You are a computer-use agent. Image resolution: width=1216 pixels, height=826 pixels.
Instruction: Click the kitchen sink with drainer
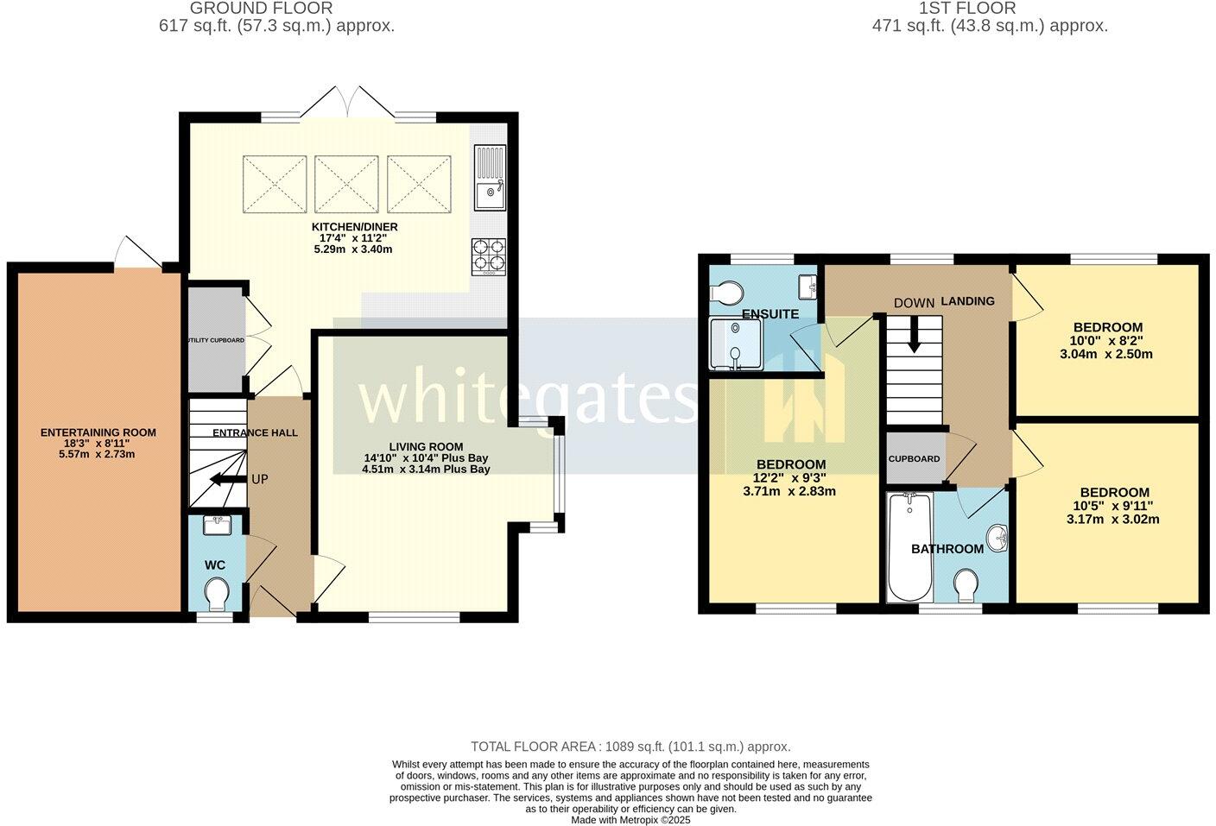point(490,177)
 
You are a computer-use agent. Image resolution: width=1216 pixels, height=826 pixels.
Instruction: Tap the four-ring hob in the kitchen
point(488,256)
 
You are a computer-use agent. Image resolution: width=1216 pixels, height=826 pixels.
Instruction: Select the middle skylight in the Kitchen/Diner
point(347,182)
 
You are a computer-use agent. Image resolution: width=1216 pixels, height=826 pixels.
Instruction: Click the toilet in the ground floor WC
point(216,593)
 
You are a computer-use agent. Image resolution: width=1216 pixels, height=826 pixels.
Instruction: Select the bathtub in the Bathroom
point(908,547)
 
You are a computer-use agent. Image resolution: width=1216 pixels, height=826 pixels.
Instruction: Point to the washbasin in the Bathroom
point(999,539)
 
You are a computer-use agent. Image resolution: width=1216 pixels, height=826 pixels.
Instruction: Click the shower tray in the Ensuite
point(735,344)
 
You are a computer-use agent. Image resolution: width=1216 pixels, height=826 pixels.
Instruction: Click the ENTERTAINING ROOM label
point(98,432)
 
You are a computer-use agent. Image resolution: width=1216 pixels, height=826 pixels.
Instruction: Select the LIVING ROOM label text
point(426,446)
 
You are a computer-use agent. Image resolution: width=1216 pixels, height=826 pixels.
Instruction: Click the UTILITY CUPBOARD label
point(215,340)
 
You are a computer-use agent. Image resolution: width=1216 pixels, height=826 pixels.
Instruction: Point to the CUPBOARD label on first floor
point(914,458)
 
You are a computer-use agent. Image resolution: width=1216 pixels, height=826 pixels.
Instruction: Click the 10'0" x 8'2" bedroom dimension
point(1108,341)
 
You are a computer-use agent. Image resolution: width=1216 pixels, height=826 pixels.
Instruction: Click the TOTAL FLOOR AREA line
point(630,747)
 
